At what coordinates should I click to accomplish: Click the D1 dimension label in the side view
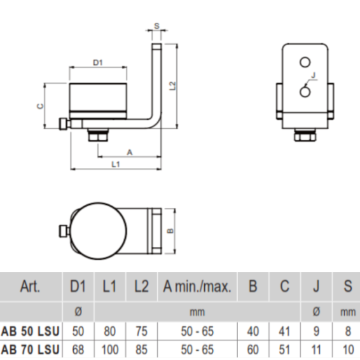97,62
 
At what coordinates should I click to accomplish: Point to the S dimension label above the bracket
156,26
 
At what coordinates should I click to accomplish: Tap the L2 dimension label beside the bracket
172,86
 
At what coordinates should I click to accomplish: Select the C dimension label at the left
40,106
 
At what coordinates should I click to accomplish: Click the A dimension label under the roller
130,152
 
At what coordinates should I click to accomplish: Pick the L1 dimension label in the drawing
116,164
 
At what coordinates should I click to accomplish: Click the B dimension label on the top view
170,231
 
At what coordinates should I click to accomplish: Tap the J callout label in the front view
314,75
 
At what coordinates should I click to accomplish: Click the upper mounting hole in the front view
305,62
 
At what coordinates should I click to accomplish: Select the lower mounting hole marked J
305,92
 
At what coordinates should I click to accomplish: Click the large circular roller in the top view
98,231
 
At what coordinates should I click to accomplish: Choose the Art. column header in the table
30,286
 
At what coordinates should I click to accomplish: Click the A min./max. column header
197,286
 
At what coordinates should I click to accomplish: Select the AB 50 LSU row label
30,331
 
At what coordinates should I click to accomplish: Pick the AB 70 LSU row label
30,350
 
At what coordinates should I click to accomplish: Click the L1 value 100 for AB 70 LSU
110,350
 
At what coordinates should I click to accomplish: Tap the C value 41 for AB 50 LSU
284,331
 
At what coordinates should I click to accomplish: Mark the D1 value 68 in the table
78,350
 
